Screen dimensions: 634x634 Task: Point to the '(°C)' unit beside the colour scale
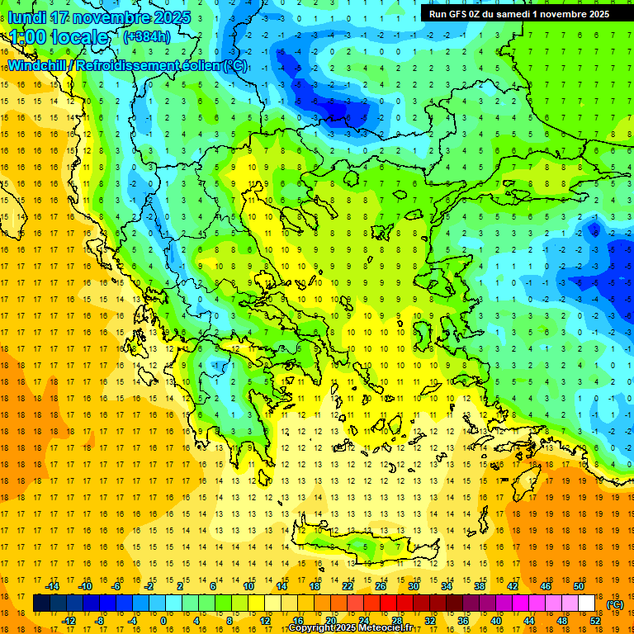pos(615,605)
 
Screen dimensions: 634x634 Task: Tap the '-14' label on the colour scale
pos(54,586)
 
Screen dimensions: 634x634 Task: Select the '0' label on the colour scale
pos(163,621)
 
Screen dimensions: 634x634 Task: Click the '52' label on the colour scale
pos(595,621)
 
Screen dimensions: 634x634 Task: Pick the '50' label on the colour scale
pos(579,586)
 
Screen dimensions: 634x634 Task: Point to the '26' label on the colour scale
pos(381,586)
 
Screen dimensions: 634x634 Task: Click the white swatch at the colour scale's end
pos(586,603)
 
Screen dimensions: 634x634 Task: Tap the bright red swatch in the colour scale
pos(388,603)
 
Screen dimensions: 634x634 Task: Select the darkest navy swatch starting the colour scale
pos(41,603)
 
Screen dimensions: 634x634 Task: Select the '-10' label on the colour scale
pos(85,586)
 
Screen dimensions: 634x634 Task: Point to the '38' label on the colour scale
pos(480,586)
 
